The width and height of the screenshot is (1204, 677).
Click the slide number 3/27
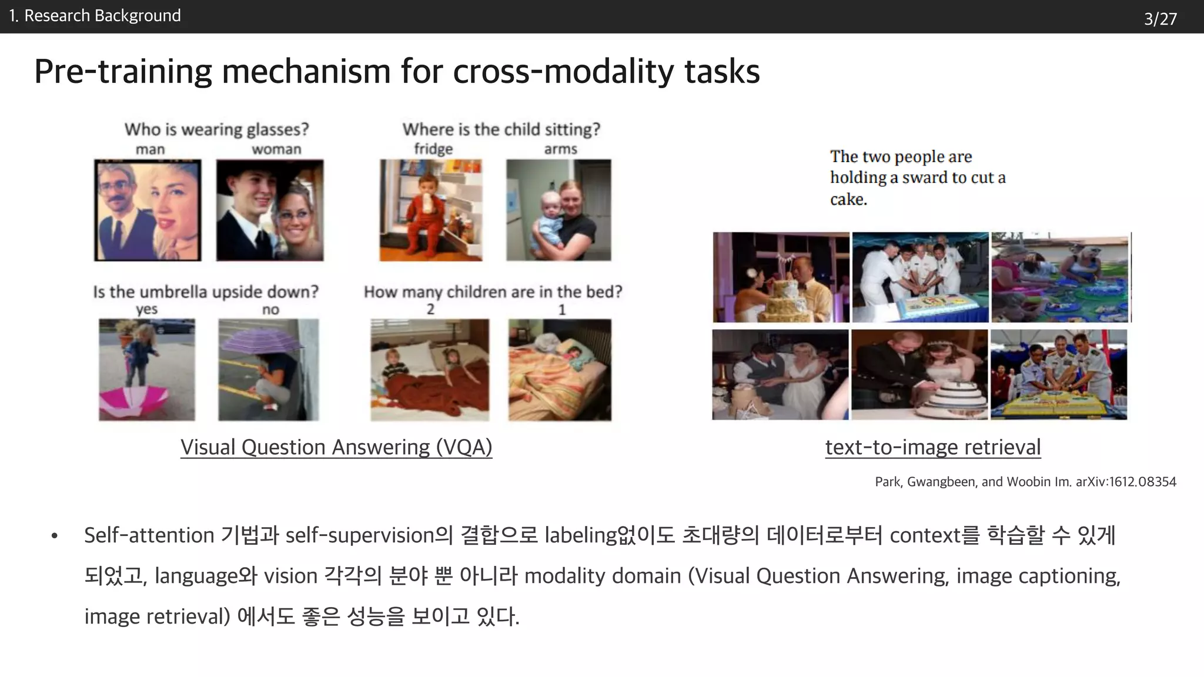click(1160, 19)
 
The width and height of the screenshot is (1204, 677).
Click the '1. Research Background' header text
click(95, 16)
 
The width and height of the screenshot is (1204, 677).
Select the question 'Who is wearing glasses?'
click(216, 129)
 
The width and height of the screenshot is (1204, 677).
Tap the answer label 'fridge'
click(433, 149)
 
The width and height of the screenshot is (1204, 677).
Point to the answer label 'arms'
click(560, 149)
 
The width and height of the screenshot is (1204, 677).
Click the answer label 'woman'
click(276, 149)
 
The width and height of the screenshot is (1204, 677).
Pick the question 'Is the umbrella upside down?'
click(206, 291)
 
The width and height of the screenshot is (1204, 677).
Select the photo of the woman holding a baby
click(558, 210)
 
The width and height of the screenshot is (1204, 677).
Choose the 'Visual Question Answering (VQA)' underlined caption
click(336, 447)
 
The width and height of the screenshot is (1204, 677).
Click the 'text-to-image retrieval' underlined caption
click(933, 447)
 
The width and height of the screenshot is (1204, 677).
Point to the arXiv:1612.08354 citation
click(1126, 482)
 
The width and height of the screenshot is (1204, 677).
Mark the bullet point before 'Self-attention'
click(55, 536)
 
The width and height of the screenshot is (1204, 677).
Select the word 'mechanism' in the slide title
click(306, 72)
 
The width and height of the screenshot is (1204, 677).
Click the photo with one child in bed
click(560, 370)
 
